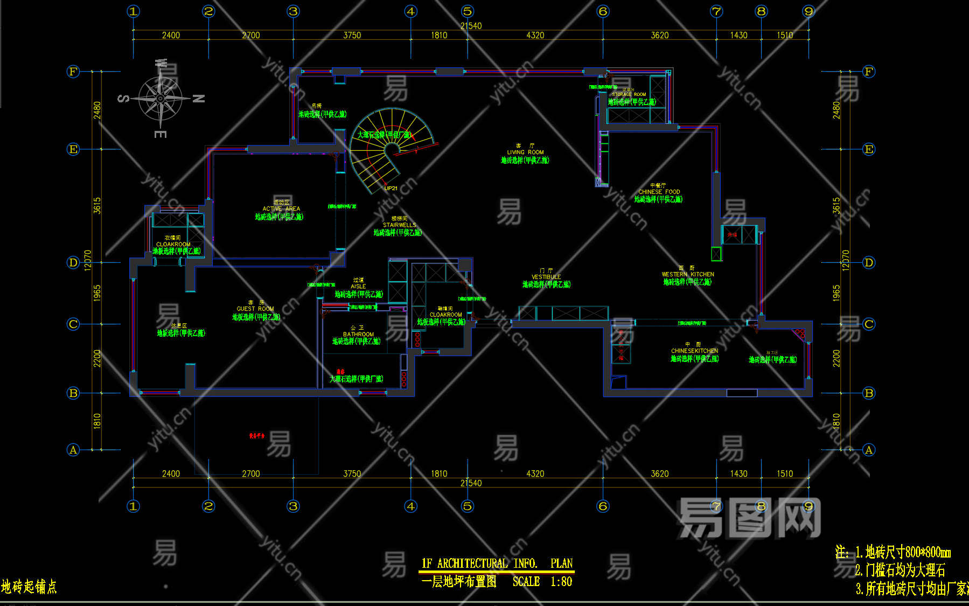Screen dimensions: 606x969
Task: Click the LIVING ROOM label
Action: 525,152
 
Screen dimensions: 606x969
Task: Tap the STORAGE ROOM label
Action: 629,94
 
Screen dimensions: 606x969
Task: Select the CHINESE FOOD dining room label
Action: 659,192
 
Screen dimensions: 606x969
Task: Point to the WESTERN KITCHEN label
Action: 688,274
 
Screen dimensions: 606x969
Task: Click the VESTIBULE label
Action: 546,277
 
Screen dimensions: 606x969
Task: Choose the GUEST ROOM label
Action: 255,309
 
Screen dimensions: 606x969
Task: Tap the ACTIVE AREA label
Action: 281,208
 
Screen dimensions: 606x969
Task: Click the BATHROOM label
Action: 358,334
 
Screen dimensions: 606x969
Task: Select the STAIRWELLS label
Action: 399,225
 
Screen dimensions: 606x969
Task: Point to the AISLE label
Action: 358,287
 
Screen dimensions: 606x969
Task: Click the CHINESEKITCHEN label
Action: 694,351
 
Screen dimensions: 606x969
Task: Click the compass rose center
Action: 161,99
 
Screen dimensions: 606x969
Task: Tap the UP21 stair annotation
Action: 391,189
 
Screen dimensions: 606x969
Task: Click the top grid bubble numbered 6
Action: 603,11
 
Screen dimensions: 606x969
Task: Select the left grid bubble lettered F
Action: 73,72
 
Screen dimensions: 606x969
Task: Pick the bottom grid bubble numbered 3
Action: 293,506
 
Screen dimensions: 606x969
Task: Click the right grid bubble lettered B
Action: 868,393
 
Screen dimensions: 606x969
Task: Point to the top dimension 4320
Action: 535,36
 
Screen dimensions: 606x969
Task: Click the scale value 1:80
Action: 561,582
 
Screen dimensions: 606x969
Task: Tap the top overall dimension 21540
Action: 471,26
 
